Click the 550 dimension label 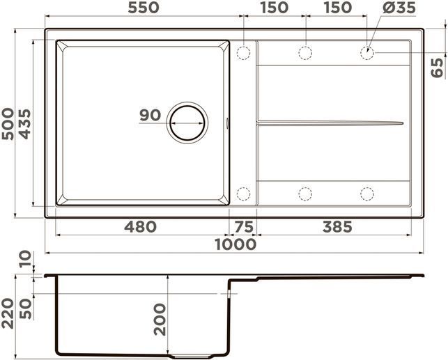pos(144,8)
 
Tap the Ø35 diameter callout pos(399,8)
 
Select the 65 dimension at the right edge pos(437,68)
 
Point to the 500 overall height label pos(8,124)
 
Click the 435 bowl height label pos(24,124)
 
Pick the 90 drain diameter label pos(150,115)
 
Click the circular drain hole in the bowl pos(187,123)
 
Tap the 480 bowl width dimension pos(140,227)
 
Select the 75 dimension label pos(244,227)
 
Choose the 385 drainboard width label pos(337,227)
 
